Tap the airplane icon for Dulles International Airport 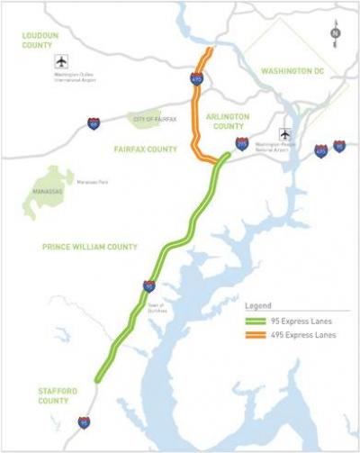click(x=61, y=62)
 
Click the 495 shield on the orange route click(x=197, y=80)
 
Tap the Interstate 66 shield click(x=94, y=123)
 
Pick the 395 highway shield click(x=242, y=143)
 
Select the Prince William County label click(x=90, y=246)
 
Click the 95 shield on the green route click(x=148, y=286)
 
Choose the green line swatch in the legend click(x=259, y=320)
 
